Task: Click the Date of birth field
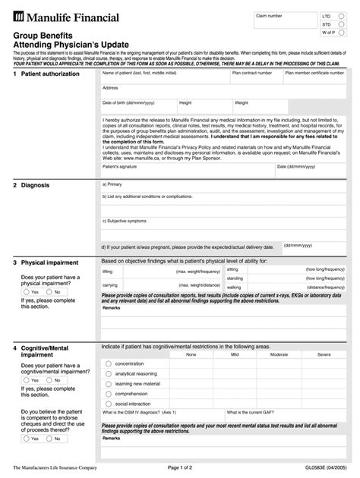click(137, 107)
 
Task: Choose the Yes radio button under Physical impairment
click(27, 291)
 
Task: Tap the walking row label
click(234, 288)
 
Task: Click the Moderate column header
click(279, 354)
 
